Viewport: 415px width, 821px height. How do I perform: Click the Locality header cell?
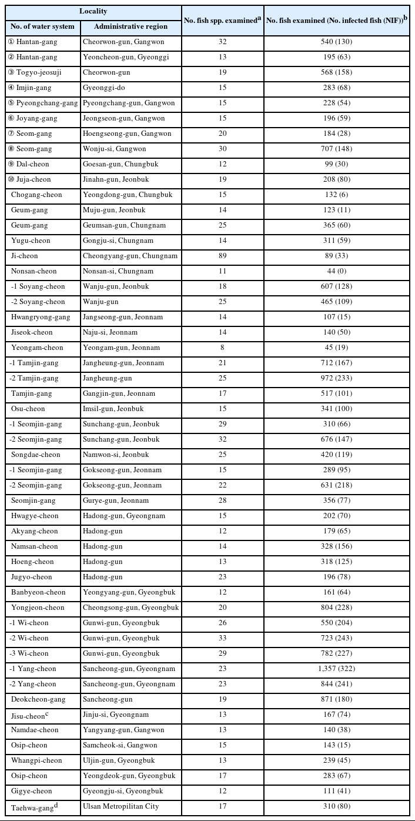(93, 12)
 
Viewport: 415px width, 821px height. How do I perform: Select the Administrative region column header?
(130, 26)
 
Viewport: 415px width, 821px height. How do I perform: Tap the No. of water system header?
(42, 26)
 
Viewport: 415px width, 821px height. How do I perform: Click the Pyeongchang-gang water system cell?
(43, 103)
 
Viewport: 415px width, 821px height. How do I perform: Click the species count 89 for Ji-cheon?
(222, 256)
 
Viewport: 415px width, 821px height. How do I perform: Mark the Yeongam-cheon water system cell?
(35, 348)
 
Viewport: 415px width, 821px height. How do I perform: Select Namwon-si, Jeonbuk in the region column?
(116, 455)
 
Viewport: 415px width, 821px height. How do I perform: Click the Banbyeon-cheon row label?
(38, 592)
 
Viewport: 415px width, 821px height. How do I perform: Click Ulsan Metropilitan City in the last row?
(121, 806)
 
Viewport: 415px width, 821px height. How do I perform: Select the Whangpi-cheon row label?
(37, 760)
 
